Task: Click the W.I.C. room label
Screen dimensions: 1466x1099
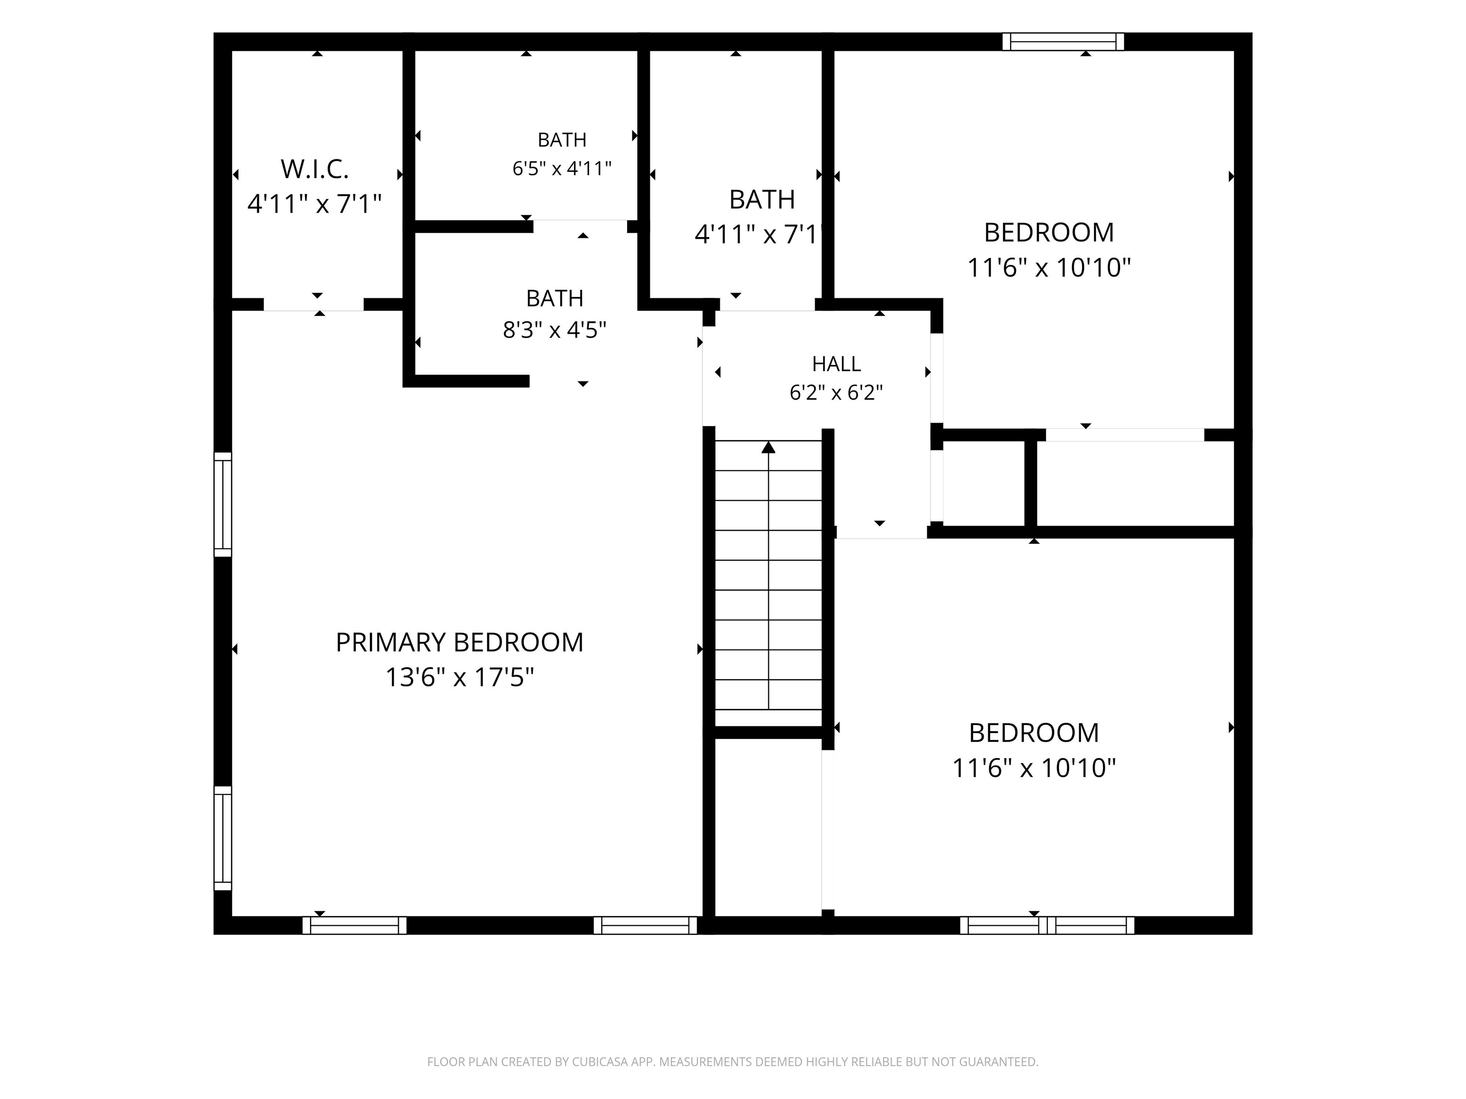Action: point(315,170)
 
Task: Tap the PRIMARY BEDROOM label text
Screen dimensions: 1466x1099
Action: point(459,643)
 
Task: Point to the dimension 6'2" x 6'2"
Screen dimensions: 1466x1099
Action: point(837,393)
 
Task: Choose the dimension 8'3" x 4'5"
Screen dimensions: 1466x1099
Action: point(555,329)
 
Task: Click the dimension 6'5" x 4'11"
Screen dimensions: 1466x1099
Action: point(562,168)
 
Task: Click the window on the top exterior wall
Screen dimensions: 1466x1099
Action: point(1063,41)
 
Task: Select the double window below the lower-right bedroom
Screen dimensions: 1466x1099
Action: point(1047,925)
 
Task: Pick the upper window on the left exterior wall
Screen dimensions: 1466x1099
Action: point(223,505)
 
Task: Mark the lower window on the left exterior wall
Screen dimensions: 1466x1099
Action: point(223,838)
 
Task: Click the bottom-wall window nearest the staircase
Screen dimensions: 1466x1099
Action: point(646,925)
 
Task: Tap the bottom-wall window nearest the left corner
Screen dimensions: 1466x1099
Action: point(355,925)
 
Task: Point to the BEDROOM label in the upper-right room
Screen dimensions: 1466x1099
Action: point(1049,232)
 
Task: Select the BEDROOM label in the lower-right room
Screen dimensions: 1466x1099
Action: point(1034,733)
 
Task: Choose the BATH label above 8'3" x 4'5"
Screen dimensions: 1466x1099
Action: point(555,299)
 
